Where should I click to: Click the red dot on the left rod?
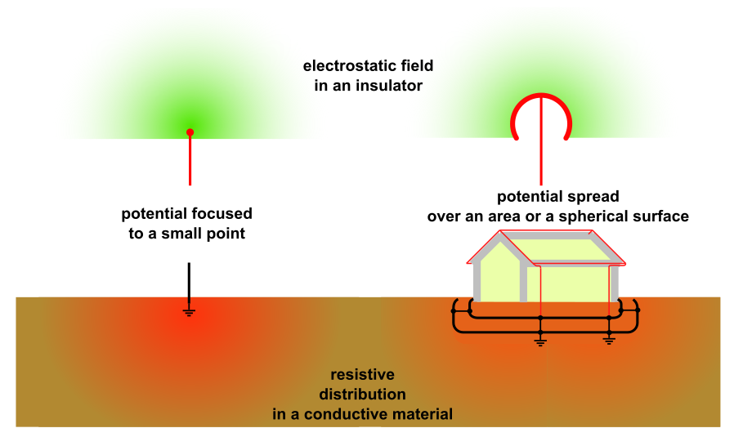tap(190, 132)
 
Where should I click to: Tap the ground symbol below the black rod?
tap(190, 311)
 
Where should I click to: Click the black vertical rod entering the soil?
tap(190, 282)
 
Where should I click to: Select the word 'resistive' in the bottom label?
tap(362, 375)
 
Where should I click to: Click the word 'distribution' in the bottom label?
tap(362, 395)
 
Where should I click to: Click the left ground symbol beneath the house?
tap(540, 341)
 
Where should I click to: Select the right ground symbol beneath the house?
tap(609, 341)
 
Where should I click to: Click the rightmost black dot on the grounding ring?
tap(638, 310)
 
